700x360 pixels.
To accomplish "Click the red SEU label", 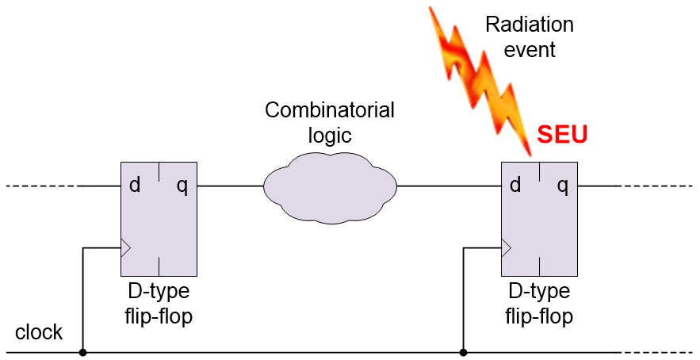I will (562, 136).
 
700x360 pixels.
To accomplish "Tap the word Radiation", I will (529, 25).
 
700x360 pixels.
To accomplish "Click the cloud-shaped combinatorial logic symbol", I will (329, 187).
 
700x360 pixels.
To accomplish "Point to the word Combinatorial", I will (329, 110).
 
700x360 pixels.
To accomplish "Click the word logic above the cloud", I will (329, 135).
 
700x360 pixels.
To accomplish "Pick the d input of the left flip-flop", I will (135, 186).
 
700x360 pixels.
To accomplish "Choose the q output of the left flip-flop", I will (182, 186).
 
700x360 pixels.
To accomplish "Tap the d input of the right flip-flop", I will (515, 186).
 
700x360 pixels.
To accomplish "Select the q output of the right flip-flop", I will (563, 186).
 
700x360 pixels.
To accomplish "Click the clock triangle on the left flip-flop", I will (125, 248).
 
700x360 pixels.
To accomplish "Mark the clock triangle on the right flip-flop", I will (506, 248).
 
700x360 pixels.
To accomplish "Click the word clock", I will (39, 332).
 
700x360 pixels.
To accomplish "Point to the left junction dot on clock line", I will (82, 351).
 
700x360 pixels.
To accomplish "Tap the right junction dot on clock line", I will (463, 351).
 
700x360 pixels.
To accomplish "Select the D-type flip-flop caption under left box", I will (159, 304).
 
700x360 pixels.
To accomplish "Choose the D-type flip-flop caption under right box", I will (539, 304).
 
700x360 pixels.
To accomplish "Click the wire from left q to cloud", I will (230, 187).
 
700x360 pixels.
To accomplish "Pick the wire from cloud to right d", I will (449, 187).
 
